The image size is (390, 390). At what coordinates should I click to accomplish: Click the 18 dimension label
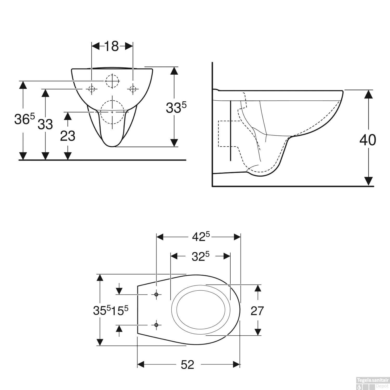(x=112, y=47)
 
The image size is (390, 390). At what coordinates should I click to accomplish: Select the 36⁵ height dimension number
(x=24, y=119)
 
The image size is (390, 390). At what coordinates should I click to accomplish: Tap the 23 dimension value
(x=68, y=136)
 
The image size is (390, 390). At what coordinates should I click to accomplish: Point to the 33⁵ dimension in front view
(x=176, y=108)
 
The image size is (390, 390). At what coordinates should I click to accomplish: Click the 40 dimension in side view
(x=368, y=140)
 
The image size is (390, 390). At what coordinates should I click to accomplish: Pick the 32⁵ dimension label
(x=200, y=257)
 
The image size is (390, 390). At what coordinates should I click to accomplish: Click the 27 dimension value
(x=257, y=311)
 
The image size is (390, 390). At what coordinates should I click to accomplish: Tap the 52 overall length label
(x=187, y=365)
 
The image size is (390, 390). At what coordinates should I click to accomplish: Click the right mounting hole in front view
(x=133, y=89)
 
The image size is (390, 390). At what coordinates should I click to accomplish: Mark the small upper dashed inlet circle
(x=112, y=81)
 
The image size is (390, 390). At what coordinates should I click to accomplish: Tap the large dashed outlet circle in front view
(x=112, y=112)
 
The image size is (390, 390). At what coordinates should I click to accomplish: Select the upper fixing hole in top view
(x=156, y=294)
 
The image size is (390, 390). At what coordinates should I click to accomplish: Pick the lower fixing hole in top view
(x=156, y=325)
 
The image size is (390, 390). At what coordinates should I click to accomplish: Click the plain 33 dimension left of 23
(x=45, y=125)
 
